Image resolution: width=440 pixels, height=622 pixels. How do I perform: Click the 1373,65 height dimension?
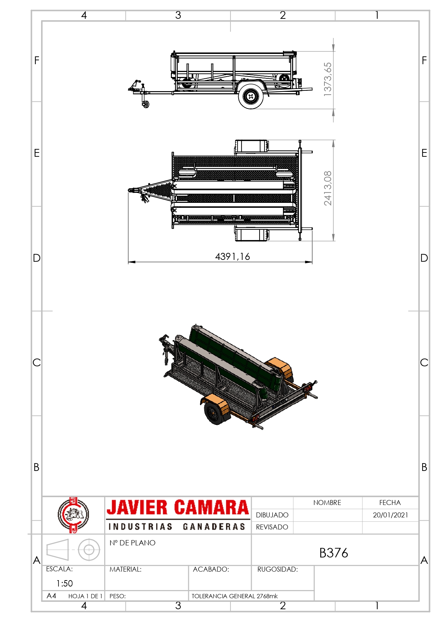(328, 79)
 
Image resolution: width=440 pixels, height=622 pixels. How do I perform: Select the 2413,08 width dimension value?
(328, 188)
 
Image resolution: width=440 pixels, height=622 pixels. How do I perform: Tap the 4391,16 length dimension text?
(233, 256)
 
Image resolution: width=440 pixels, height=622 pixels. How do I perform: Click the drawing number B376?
(334, 553)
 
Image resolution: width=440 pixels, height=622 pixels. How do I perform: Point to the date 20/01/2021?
(390, 515)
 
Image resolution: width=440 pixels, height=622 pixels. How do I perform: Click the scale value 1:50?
(65, 583)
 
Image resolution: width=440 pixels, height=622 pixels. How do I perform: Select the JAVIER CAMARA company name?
(178, 507)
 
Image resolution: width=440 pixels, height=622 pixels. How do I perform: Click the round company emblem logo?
(73, 515)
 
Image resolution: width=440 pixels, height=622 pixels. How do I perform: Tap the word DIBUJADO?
(272, 515)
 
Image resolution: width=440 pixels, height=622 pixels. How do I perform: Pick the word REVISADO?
(272, 527)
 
